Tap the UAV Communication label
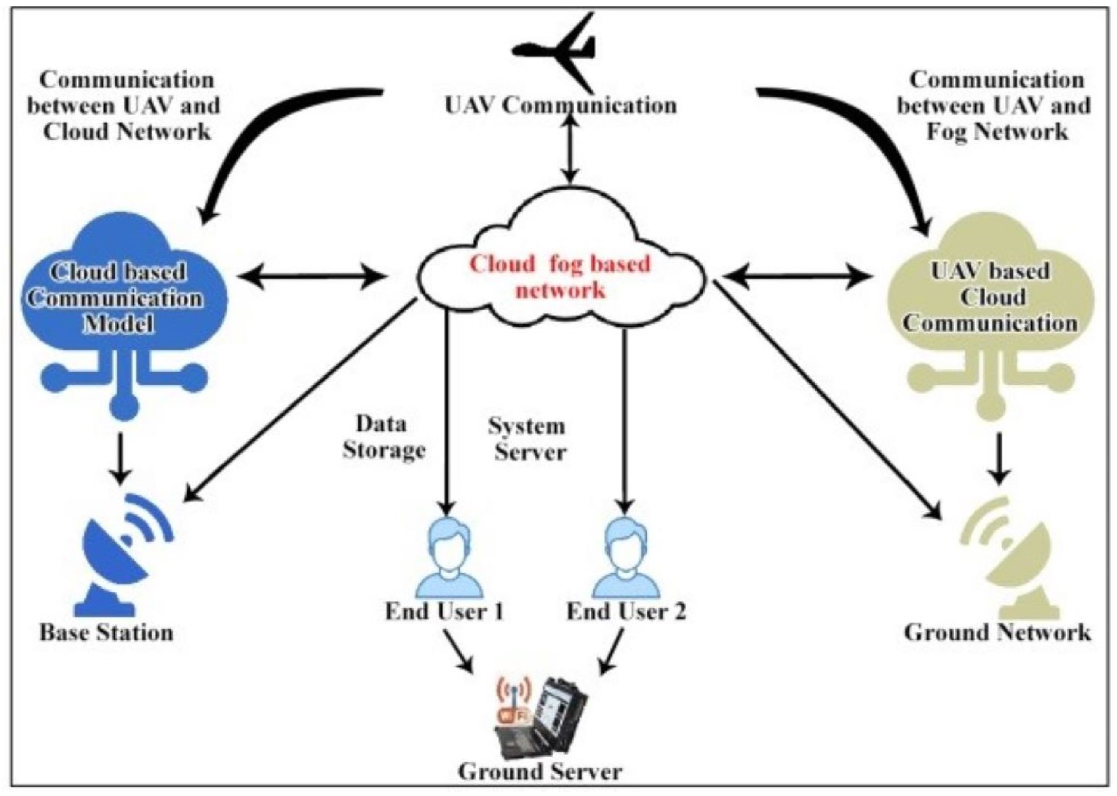click(560, 105)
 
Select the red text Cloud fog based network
click(560, 277)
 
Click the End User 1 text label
click(444, 611)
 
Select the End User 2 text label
click(626, 611)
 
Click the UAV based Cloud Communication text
click(991, 297)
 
